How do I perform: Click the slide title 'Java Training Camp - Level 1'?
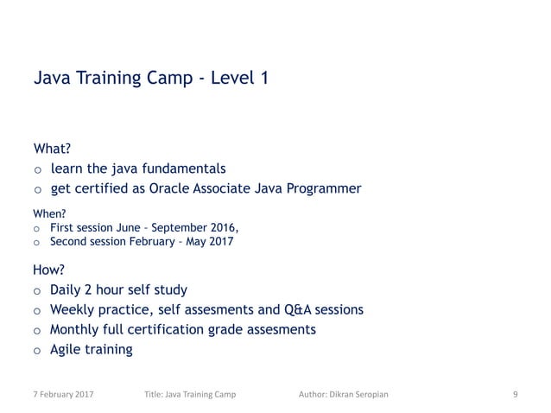click(x=150, y=79)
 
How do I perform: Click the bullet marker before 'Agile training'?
click(x=37, y=351)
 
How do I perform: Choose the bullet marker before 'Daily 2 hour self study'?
click(x=37, y=290)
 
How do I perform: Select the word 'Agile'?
click(x=68, y=350)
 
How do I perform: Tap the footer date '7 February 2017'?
click(x=65, y=395)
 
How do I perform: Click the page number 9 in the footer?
click(x=515, y=395)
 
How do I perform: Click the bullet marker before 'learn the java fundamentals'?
click(x=37, y=168)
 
